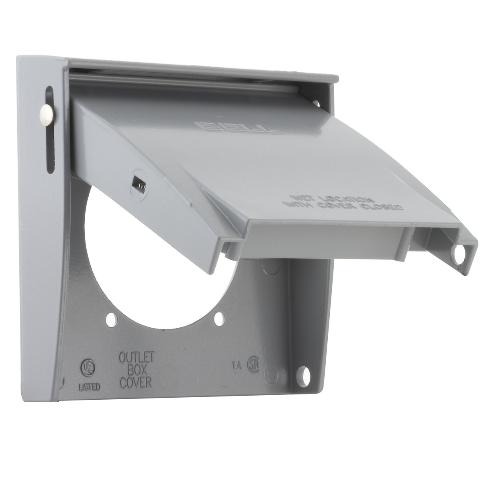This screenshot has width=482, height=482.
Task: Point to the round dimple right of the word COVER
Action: tap(165, 378)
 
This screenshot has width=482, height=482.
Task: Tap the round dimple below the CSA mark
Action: tap(272, 375)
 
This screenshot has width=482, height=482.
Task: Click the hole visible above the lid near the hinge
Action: tap(315, 103)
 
